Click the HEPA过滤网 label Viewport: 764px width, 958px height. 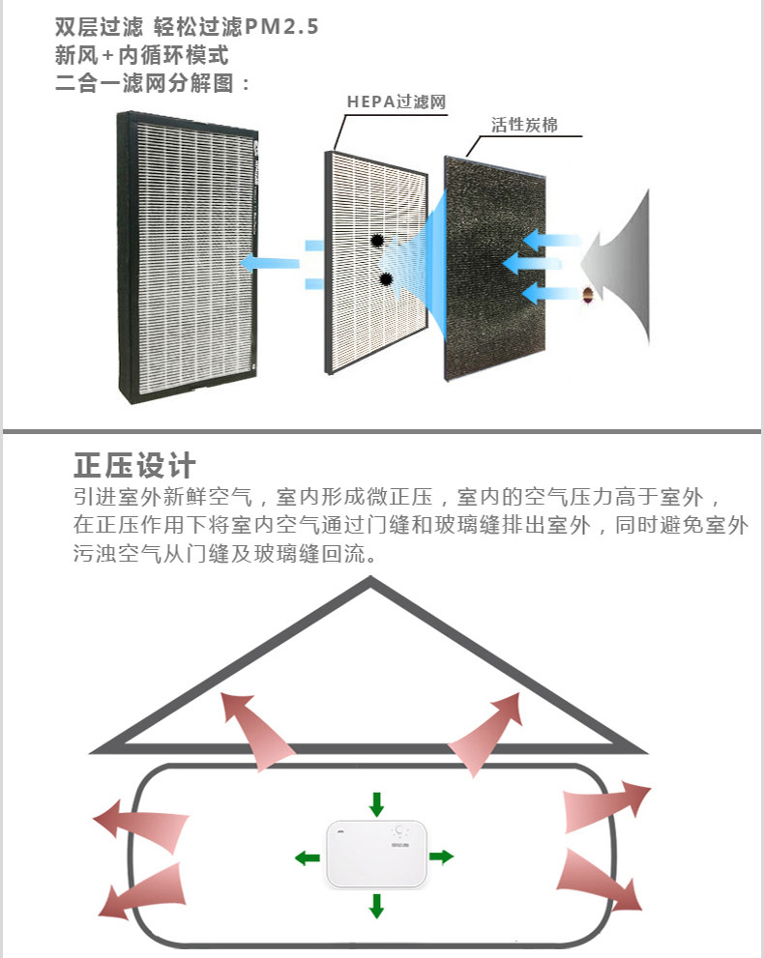(396, 102)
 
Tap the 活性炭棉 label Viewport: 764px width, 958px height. (523, 126)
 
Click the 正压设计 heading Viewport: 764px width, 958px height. (135, 465)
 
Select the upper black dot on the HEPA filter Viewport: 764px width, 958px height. (377, 242)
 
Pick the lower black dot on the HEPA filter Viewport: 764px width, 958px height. (387, 280)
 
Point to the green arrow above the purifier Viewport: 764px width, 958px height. (376, 803)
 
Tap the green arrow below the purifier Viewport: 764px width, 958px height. (376, 906)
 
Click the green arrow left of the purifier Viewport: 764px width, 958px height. (308, 856)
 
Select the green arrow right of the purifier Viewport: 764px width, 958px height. (441, 856)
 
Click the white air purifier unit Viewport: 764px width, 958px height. (376, 855)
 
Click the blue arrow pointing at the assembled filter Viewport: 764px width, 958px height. (269, 262)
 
